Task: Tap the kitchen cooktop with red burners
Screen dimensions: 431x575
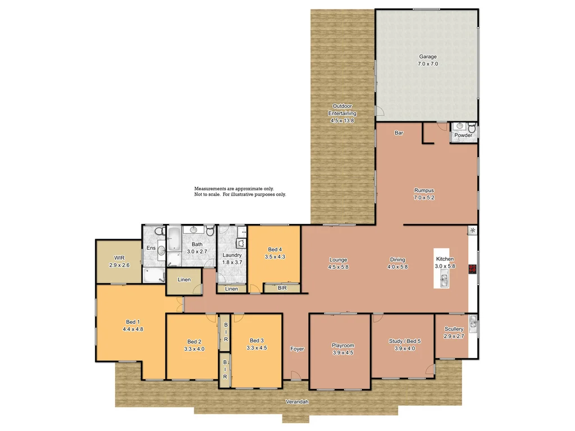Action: click(x=472, y=268)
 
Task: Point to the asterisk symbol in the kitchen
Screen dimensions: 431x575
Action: click(x=472, y=231)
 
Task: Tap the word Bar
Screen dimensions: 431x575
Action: click(x=399, y=134)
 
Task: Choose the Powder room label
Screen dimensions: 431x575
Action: click(x=463, y=135)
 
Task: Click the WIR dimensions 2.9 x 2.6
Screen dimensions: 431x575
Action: click(x=119, y=265)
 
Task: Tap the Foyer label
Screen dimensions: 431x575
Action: click(x=297, y=349)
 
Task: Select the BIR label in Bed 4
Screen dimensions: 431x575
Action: click(x=282, y=288)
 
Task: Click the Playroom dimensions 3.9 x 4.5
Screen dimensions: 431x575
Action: click(x=343, y=353)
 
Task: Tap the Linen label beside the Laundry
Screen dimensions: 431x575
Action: click(x=231, y=289)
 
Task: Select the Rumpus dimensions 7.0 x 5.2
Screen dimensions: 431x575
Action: click(x=424, y=198)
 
